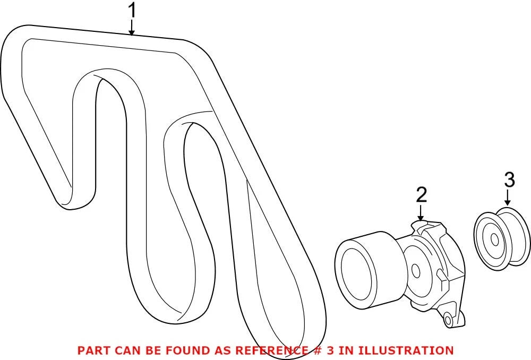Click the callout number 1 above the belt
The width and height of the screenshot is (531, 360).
pos(132,11)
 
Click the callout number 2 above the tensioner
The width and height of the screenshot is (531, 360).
pos(421,195)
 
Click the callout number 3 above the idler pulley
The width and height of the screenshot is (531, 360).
pos(509,180)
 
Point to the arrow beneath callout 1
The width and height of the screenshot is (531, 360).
pos(132,28)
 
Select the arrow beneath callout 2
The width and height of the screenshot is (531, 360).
pos(421,213)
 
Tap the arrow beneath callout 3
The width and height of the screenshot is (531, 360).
pos(507,198)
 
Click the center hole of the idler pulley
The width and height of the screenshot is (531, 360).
pos(494,240)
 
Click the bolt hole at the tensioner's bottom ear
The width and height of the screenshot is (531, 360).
pos(448,320)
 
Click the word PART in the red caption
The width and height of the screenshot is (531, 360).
pos(90,350)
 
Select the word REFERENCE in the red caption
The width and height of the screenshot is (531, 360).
pos(271,350)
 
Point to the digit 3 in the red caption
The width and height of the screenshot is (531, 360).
pos(330,350)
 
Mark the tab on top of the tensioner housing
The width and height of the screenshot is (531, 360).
pos(421,225)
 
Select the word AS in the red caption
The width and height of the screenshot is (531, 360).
pos(222,350)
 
